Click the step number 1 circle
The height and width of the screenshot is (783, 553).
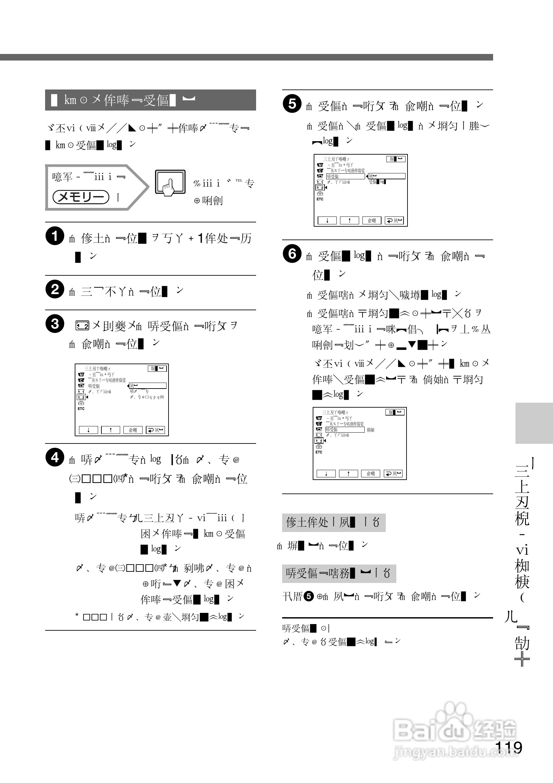pos(55,236)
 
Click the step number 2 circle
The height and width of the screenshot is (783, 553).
pos(55,289)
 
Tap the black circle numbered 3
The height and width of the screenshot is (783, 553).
pos(55,324)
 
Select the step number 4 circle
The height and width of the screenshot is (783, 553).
pos(55,458)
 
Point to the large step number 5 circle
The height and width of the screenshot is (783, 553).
pos(292,104)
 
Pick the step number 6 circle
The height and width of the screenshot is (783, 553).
pos(292,254)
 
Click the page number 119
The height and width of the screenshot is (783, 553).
pos(508,747)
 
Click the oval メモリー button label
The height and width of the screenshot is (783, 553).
pos(81,197)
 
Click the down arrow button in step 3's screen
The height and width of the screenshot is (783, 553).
pos(88,430)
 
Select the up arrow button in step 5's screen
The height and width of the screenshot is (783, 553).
pos(349,221)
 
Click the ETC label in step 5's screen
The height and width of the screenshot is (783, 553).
pos(320,199)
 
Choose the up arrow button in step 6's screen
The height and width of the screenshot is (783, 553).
pos(348,473)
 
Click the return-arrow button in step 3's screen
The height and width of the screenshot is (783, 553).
pos(155,430)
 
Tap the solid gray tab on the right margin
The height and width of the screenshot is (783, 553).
pos(534,423)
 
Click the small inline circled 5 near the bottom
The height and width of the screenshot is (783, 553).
pos(308,596)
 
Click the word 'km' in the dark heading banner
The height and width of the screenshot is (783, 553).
pos(70,100)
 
